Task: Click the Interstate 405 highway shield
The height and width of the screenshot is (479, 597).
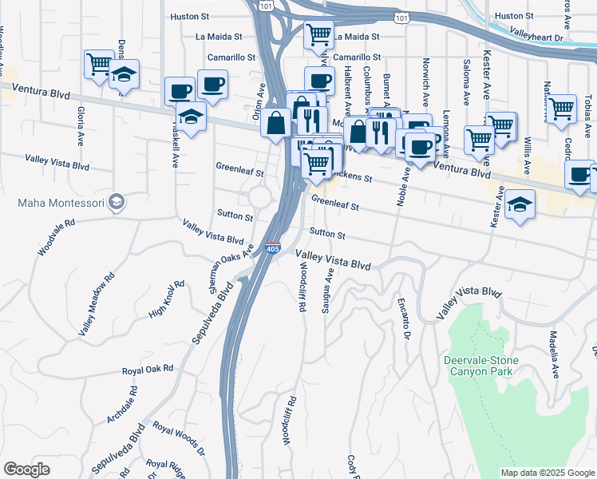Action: [273, 248]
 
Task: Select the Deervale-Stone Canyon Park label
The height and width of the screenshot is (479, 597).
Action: [480, 366]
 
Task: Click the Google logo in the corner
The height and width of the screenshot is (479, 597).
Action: [26, 469]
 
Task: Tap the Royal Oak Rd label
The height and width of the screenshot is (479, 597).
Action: [148, 370]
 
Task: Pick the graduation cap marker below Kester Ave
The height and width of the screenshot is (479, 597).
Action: [520, 205]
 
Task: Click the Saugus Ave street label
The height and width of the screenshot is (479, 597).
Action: [326, 291]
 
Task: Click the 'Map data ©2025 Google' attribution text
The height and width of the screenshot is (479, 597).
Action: [547, 473]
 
